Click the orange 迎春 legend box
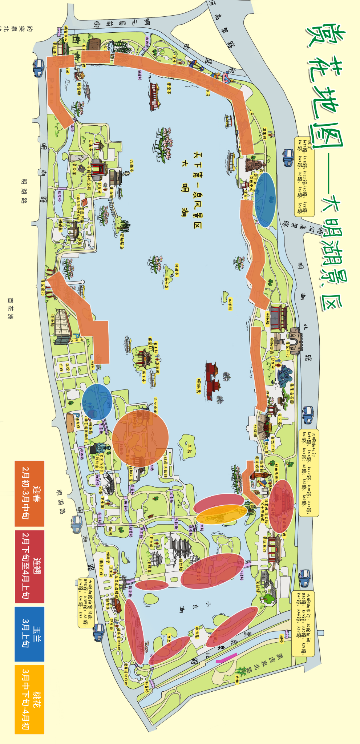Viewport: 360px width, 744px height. tap(29, 493)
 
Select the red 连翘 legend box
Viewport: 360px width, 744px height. tap(29, 566)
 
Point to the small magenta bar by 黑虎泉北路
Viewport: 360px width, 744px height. tap(226, 658)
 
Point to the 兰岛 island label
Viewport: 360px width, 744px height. tap(189, 448)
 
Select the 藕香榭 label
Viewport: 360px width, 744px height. tap(79, 88)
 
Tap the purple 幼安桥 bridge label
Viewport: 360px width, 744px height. tap(60, 197)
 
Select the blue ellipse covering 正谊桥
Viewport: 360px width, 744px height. tap(97, 402)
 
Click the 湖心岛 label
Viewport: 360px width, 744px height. tap(166, 283)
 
